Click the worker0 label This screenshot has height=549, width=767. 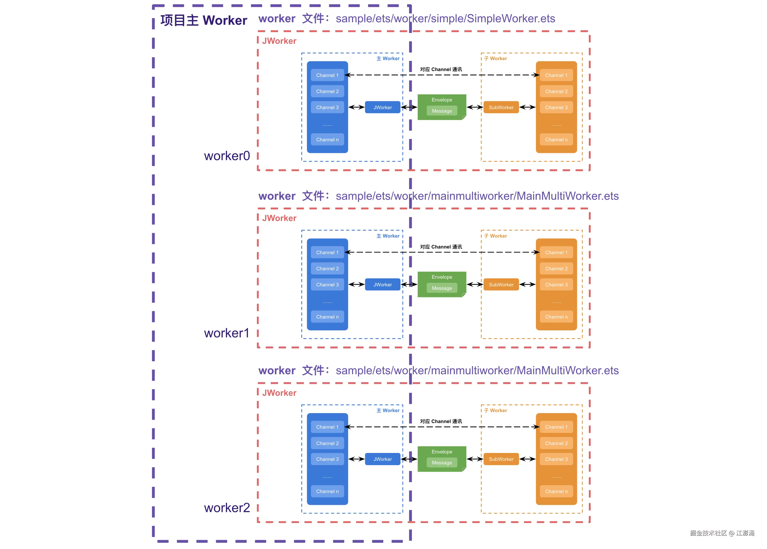pos(227,156)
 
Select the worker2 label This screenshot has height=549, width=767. pos(227,507)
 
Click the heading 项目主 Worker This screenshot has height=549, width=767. pos(203,20)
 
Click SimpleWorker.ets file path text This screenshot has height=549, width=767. pos(445,19)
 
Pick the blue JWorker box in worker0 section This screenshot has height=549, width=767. pos(383,107)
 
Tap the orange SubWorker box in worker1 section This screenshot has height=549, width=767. pos(501,285)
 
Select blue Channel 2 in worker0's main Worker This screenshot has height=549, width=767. pos(327,91)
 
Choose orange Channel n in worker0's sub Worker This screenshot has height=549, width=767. pos(556,140)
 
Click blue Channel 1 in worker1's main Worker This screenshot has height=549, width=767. pos(327,252)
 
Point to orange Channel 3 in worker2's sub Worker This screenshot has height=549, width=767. pos(556,459)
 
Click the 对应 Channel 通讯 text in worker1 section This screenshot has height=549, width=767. pos(441,247)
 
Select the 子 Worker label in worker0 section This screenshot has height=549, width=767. pos(495,58)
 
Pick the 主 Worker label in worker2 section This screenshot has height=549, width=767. pos(388,410)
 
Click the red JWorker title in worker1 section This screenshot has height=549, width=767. pos(279,218)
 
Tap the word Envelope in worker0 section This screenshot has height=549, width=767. pos(442,100)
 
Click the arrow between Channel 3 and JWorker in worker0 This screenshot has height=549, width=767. pos(356,107)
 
